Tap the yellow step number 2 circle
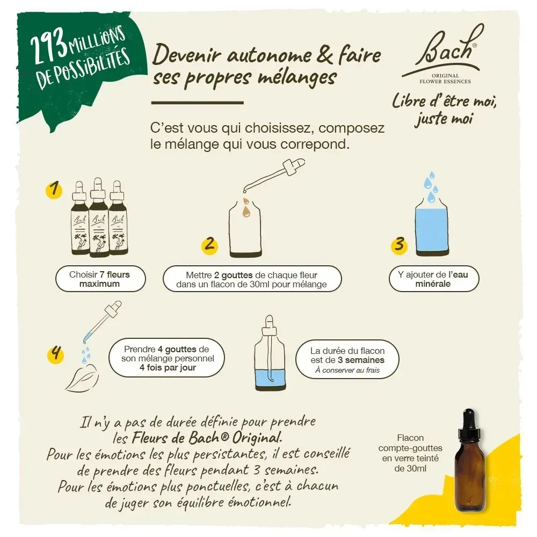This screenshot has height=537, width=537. coord(209,245)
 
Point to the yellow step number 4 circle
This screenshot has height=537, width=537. coord(55,354)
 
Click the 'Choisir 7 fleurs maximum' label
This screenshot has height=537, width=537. coord(99,279)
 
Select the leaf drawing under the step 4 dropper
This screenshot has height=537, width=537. coord(82,379)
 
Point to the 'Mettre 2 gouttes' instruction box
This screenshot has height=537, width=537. coord(252,279)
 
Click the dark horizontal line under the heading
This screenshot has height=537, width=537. coord(198,102)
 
